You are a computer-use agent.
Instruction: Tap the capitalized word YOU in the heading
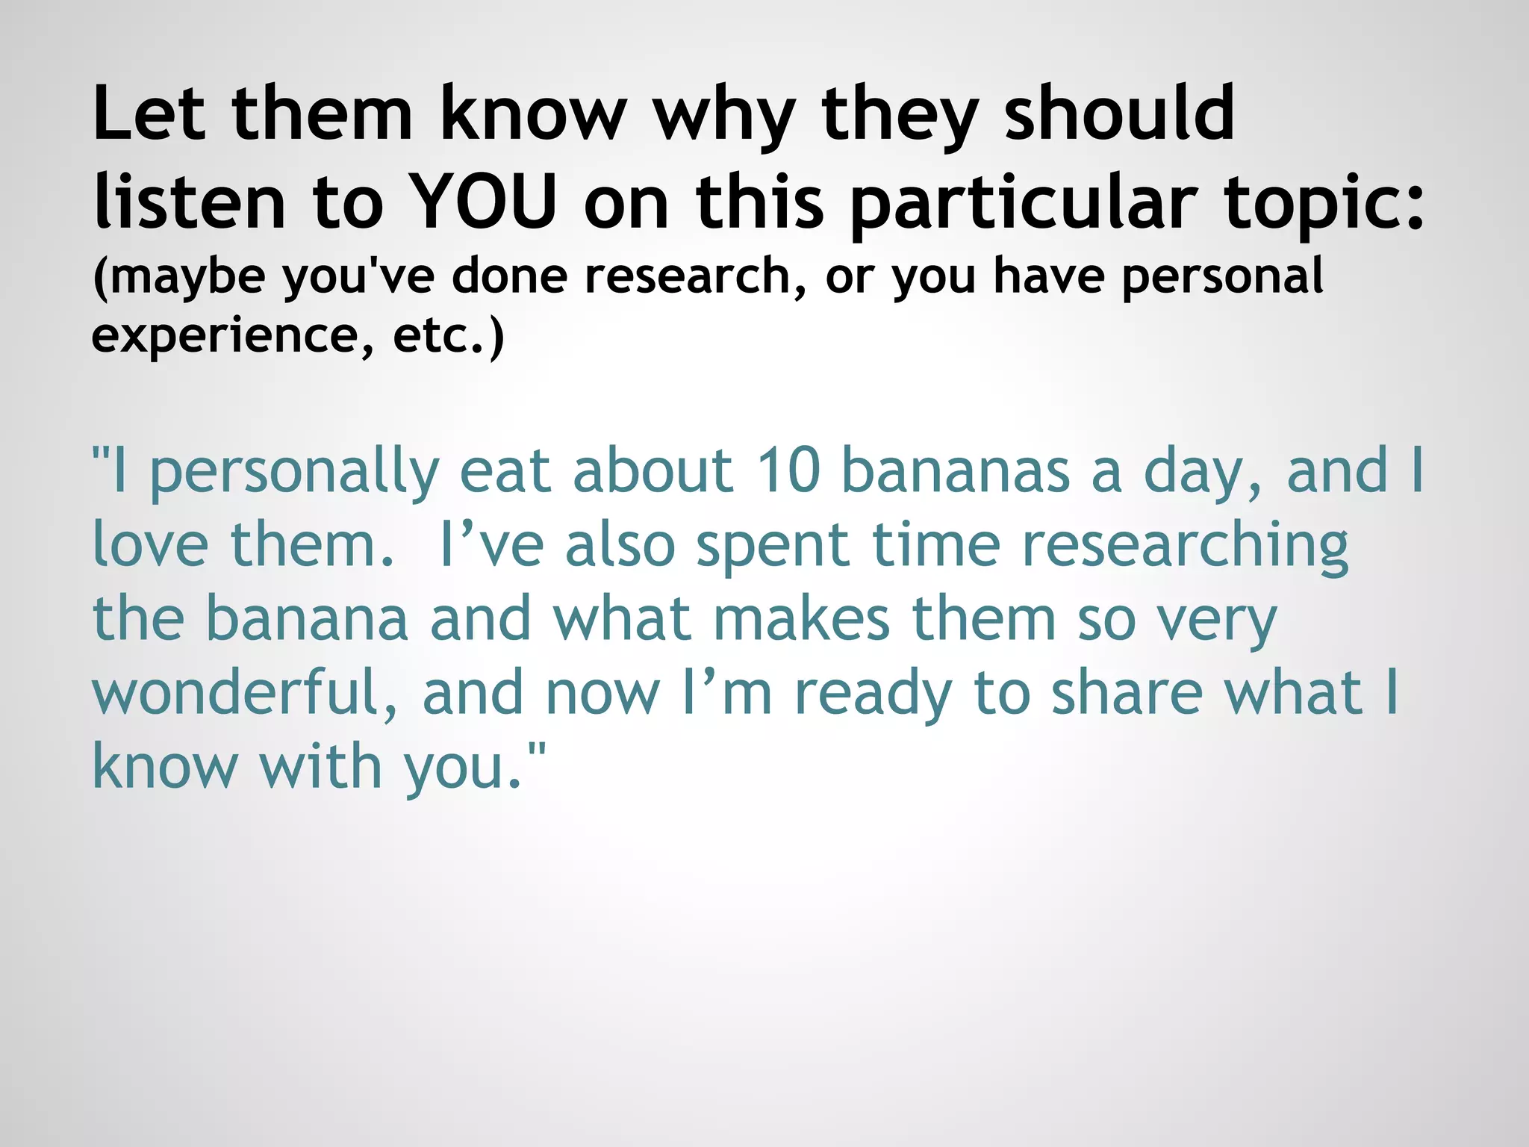(x=485, y=202)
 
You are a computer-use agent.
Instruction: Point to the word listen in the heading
(x=190, y=202)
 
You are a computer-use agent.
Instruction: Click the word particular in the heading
(x=1024, y=202)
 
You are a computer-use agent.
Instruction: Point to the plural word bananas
(x=956, y=470)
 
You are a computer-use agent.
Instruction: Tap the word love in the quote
(x=150, y=544)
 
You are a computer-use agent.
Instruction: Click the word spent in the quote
(x=773, y=544)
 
